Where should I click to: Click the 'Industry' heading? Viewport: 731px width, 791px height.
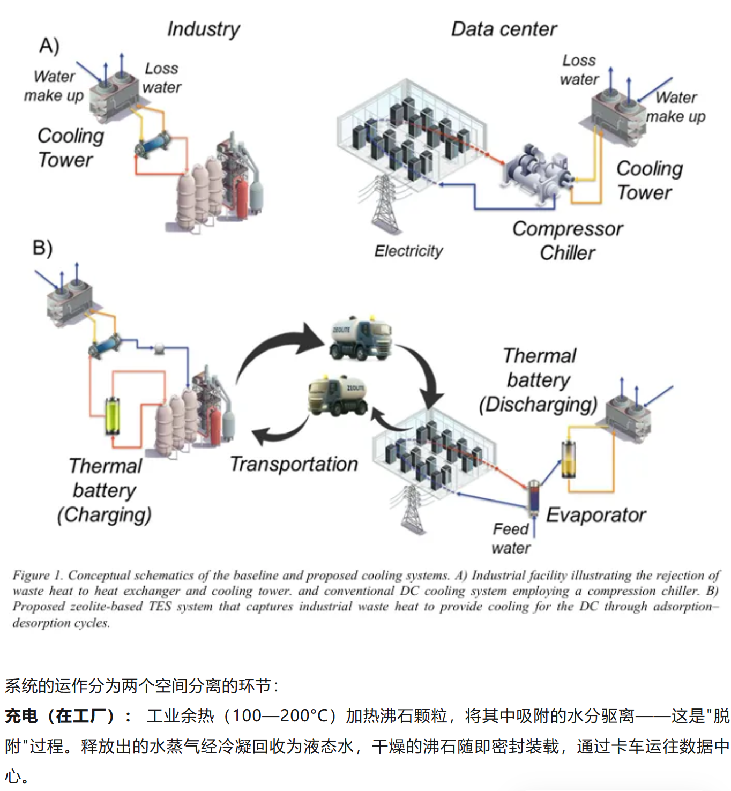pos(203,29)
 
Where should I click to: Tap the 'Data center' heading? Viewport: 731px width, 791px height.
pos(504,29)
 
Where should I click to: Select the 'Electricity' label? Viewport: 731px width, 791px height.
pos(408,251)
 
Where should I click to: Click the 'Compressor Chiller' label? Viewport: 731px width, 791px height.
pos(568,241)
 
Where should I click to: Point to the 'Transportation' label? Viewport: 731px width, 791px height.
pos(294,464)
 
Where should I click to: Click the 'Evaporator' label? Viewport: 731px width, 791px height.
pos(596,515)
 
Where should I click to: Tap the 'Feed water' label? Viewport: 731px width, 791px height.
pos(511,538)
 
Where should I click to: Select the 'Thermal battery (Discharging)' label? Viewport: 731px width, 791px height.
pos(539,380)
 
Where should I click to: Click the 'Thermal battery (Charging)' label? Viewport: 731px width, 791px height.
pos(105,490)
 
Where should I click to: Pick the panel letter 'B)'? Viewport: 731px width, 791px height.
pos(42,248)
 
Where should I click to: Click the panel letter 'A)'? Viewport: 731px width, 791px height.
pos(49,46)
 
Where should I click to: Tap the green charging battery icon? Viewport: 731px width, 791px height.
pos(113,415)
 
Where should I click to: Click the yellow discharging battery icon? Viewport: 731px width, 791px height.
pos(568,459)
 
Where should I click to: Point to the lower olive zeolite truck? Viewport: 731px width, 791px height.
pos(337,394)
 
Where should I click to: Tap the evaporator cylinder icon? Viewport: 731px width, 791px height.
pos(534,496)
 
